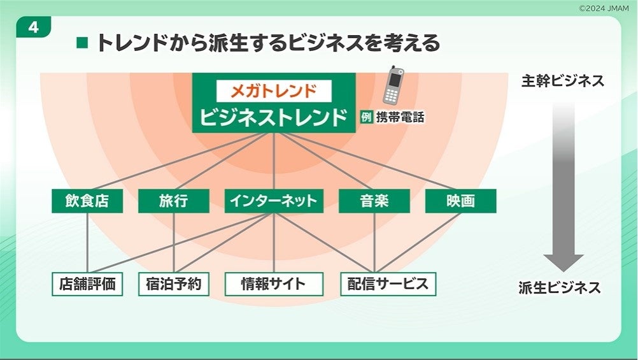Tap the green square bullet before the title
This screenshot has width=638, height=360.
point(82,43)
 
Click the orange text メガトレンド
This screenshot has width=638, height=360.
point(273,90)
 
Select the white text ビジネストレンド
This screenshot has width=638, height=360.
point(274,117)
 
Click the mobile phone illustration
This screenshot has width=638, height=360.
point(393,85)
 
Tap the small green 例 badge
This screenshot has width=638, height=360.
point(365,117)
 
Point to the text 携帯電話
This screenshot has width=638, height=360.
point(400,117)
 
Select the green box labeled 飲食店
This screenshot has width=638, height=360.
point(87,201)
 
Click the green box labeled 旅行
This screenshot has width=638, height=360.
point(173,201)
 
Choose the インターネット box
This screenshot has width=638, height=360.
point(274,201)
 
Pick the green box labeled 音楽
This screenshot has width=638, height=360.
point(374,201)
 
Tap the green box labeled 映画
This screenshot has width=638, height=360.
point(460,201)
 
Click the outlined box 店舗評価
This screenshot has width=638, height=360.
point(87,284)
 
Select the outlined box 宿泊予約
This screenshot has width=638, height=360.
point(173,284)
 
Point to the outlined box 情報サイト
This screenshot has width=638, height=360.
point(274,284)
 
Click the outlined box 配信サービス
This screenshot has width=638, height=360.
point(388,284)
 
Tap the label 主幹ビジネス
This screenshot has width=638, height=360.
point(562,82)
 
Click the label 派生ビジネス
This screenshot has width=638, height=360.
point(560,287)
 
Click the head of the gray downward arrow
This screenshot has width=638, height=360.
point(563,262)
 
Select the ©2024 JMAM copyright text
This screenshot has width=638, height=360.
point(605,8)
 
